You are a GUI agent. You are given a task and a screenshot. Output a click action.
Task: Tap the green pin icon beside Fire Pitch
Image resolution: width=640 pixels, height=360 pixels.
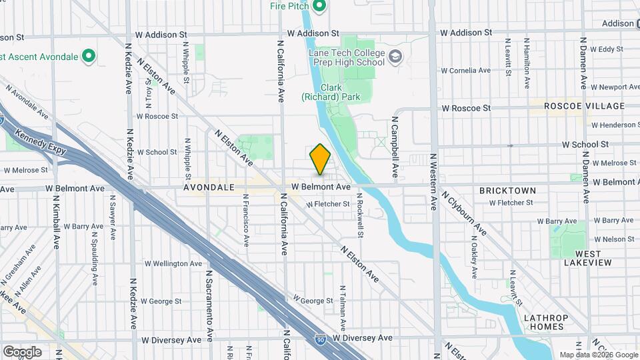point(319,7)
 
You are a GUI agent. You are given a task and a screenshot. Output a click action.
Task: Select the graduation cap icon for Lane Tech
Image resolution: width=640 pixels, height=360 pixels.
point(396,56)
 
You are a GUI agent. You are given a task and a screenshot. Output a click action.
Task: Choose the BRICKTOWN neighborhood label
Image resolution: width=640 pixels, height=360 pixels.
point(507,191)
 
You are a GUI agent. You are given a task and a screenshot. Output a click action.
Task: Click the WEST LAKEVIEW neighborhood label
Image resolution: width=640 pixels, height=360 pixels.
point(584,259)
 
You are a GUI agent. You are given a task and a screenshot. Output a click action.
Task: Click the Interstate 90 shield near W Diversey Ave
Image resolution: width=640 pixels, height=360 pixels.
point(321,339)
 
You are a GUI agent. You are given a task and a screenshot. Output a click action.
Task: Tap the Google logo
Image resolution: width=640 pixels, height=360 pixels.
point(22,352)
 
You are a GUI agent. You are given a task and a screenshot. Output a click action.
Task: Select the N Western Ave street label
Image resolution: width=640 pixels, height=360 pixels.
point(433,181)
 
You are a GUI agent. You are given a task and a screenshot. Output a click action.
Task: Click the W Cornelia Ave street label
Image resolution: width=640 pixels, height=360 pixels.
point(467,70)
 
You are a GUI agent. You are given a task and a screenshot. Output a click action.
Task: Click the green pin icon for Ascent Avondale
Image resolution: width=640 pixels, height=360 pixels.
point(88,55)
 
